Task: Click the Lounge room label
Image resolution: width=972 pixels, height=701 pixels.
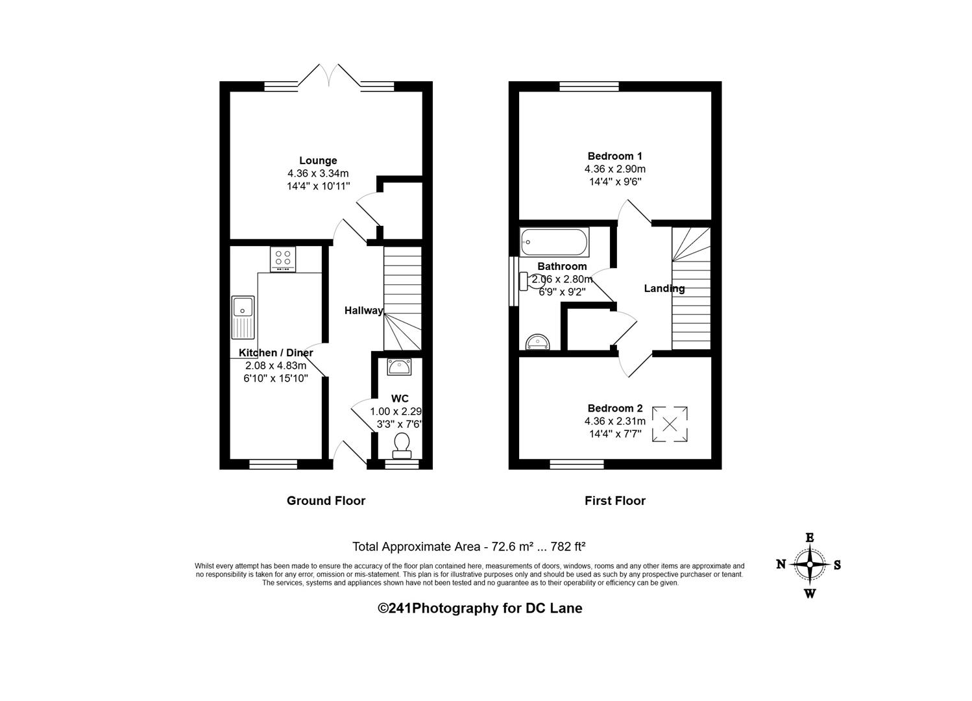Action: click(318, 160)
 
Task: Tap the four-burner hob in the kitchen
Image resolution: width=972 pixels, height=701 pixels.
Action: click(283, 259)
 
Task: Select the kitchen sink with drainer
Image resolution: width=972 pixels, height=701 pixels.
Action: click(243, 317)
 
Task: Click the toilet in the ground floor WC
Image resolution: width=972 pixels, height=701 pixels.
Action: click(402, 445)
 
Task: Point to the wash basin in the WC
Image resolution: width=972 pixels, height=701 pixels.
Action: click(399, 367)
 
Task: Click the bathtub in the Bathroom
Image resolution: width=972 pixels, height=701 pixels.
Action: click(555, 241)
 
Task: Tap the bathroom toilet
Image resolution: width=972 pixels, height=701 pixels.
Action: click(532, 282)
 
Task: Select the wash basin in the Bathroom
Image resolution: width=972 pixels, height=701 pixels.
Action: click(538, 342)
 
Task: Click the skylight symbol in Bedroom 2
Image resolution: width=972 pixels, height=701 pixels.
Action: click(670, 424)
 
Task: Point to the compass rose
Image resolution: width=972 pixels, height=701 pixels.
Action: click(809, 565)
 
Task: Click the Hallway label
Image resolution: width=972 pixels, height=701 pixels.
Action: click(363, 310)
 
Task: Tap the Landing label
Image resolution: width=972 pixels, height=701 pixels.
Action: click(664, 288)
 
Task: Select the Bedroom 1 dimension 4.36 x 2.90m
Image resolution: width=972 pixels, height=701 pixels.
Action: click(615, 169)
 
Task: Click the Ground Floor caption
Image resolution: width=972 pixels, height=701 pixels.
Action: click(326, 500)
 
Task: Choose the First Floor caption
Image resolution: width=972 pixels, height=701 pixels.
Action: click(615, 500)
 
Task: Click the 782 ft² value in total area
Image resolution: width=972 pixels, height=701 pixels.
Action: click(568, 547)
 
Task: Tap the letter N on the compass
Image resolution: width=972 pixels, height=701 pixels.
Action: click(781, 564)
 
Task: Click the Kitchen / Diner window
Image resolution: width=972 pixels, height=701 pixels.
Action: click(273, 465)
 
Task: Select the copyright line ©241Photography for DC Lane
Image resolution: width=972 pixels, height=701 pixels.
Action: click(480, 608)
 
